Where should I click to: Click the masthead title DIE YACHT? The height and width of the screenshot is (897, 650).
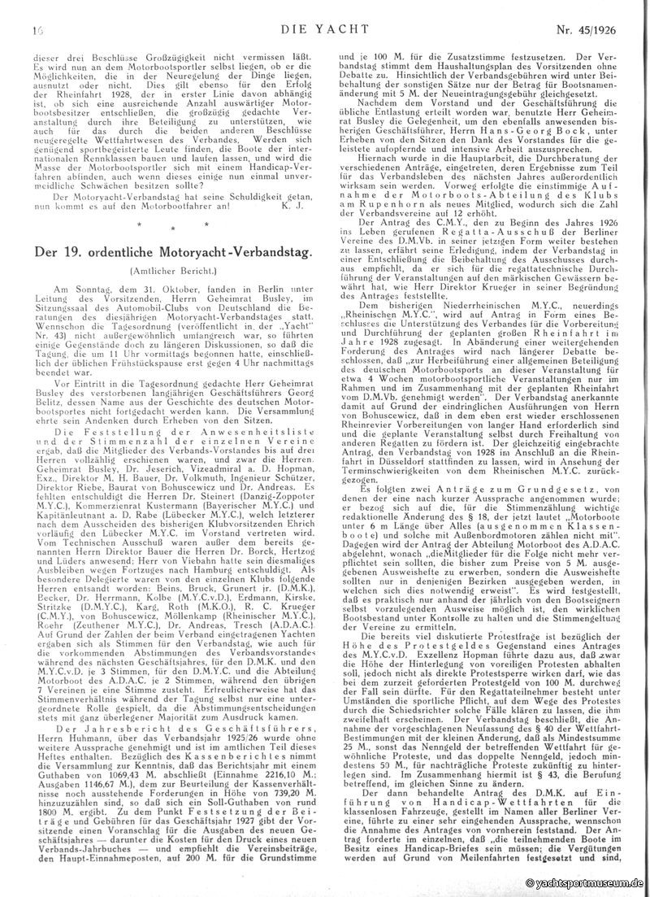[x=322, y=9]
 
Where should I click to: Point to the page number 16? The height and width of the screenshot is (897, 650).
[x=36, y=9]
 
